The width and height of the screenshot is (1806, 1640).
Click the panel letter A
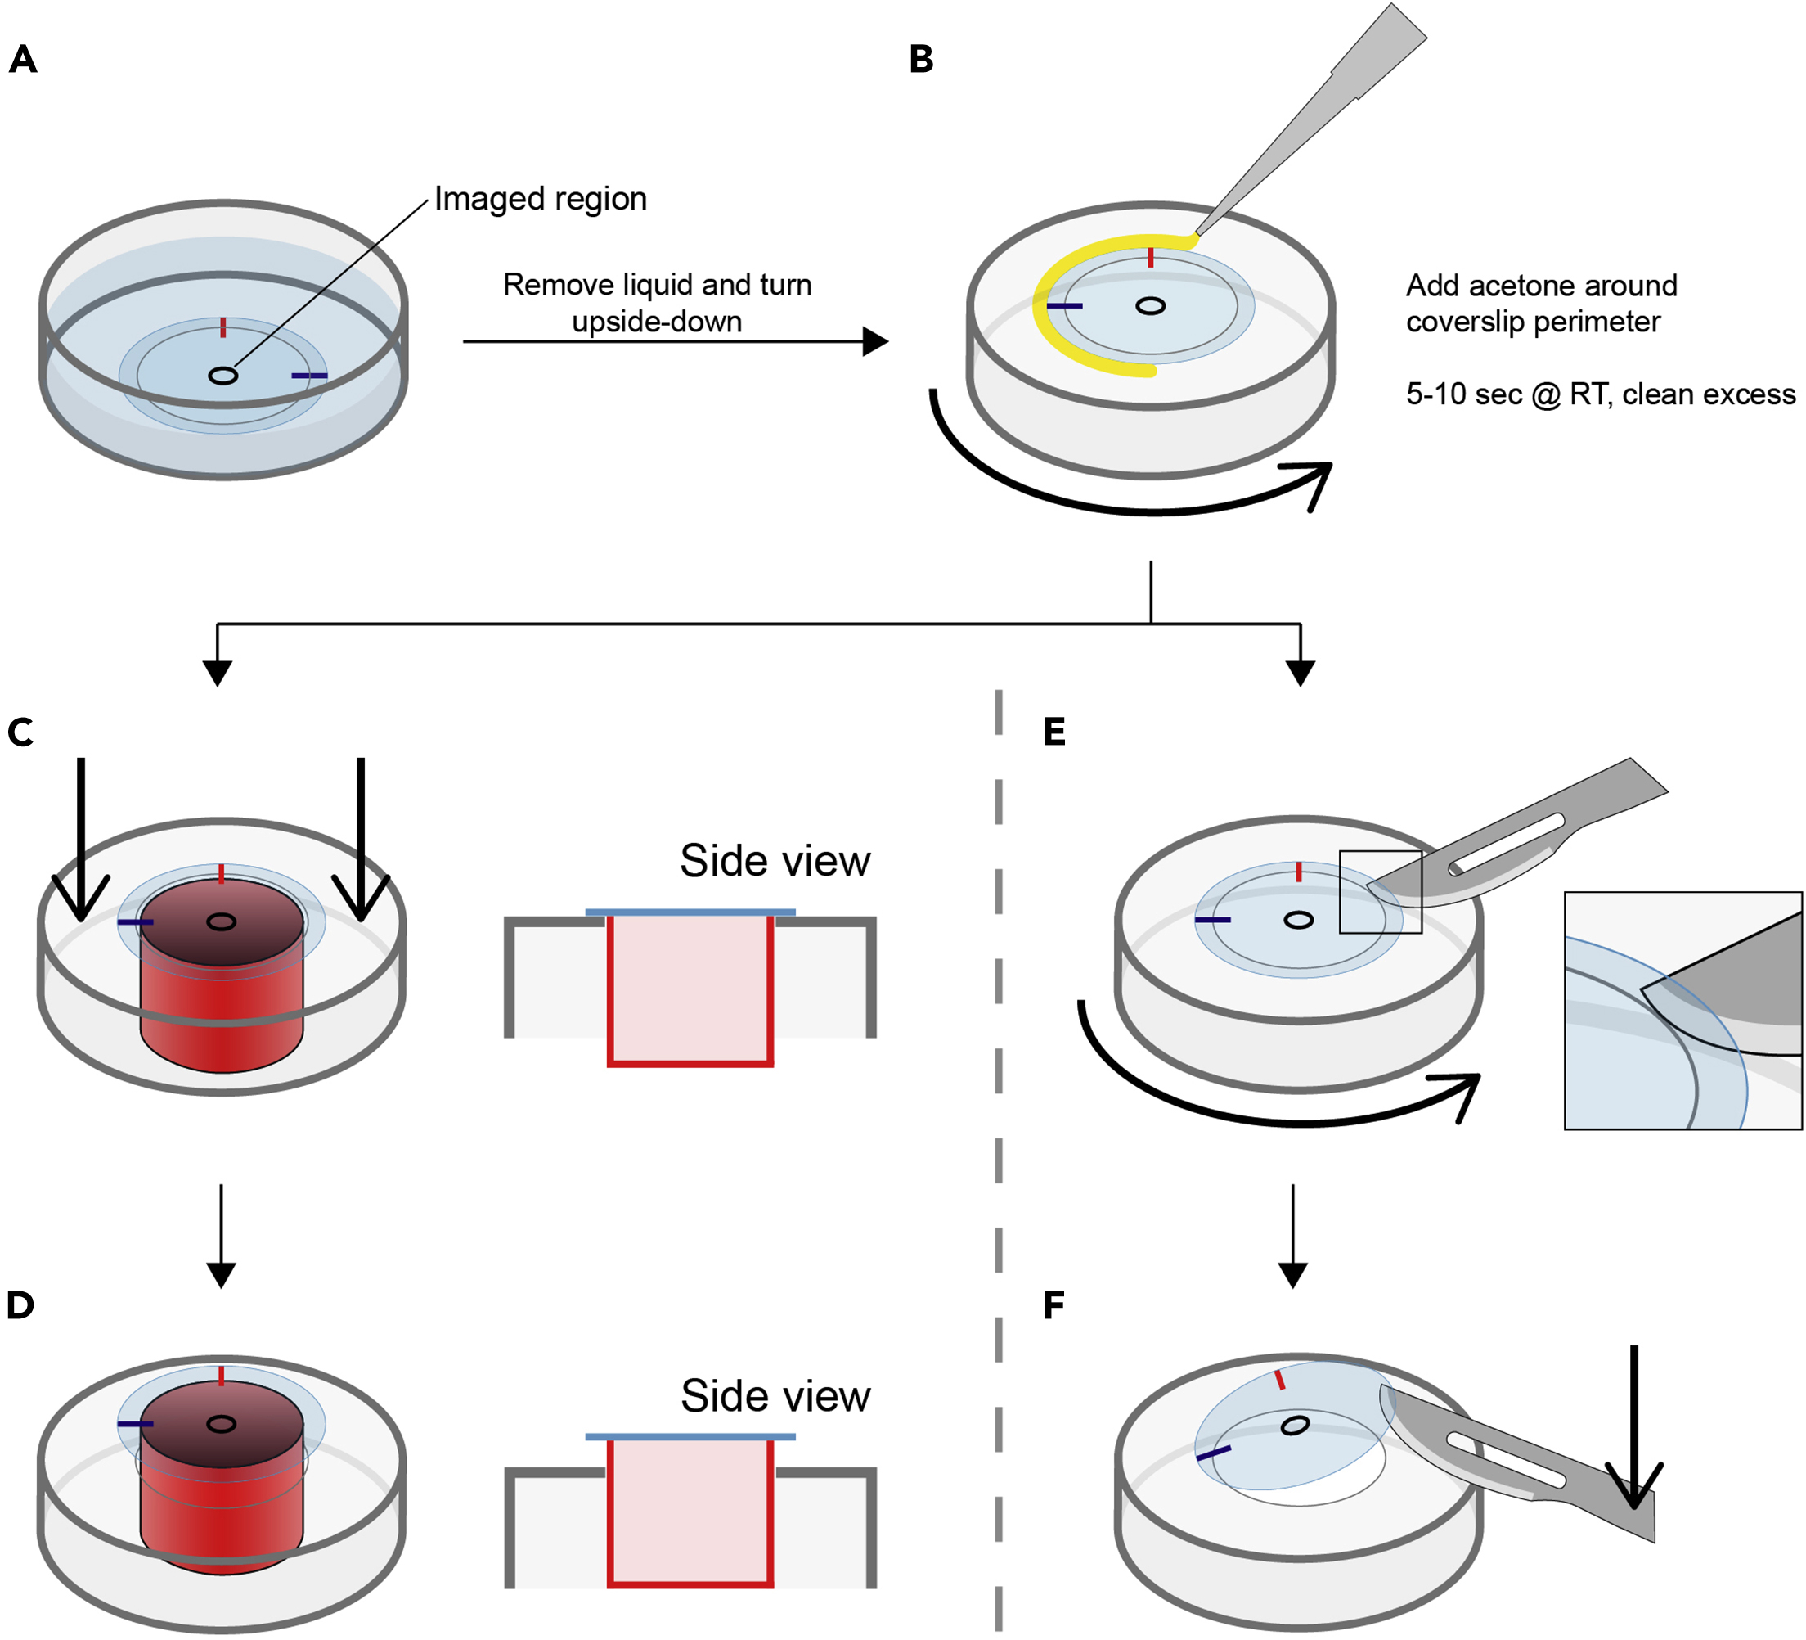click(x=22, y=60)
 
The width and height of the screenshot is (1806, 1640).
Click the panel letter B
click(x=921, y=60)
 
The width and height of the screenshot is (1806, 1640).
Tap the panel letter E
click(x=1054, y=732)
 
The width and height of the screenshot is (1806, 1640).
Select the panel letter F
click(x=1053, y=1306)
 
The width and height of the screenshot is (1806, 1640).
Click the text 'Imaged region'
click(x=540, y=199)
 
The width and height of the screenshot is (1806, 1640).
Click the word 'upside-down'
click(x=657, y=322)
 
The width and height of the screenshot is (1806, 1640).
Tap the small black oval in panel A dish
click(x=223, y=376)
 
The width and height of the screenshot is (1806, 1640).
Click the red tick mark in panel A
click(x=223, y=327)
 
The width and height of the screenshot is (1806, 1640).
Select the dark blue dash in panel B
click(x=1064, y=307)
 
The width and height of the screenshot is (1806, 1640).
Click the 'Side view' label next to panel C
click(x=775, y=861)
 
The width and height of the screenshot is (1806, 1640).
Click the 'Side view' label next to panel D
click(x=775, y=1396)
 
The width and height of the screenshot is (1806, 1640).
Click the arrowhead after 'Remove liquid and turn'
click(x=874, y=341)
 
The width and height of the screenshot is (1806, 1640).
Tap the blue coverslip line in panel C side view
click(x=690, y=912)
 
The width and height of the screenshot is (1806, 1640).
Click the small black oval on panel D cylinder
click(x=222, y=1424)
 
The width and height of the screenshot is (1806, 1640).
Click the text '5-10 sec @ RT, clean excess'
click(x=1600, y=394)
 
